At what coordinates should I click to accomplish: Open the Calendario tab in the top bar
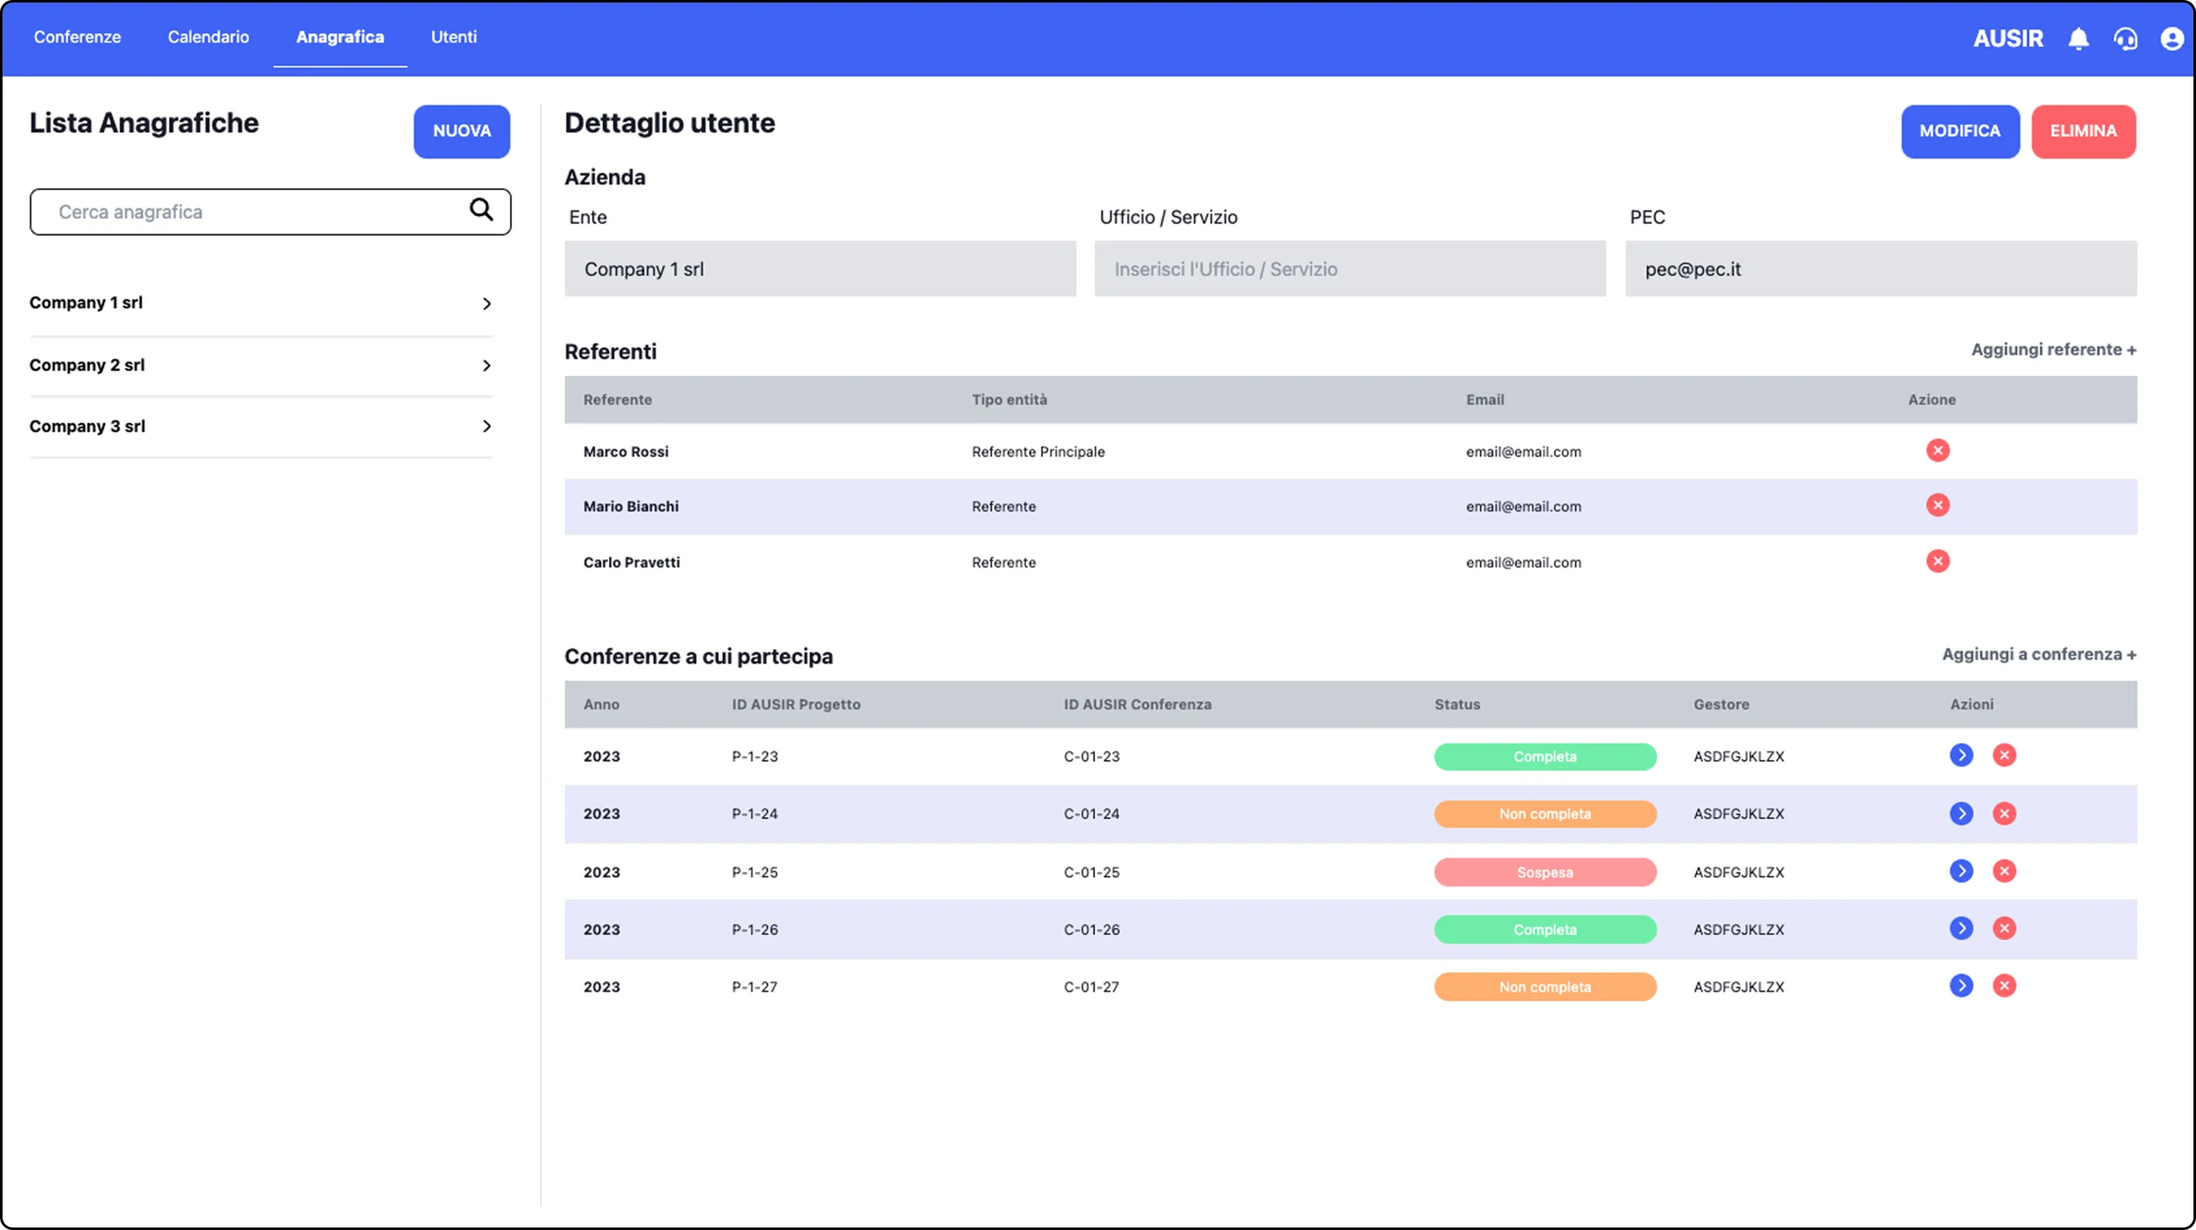tap(208, 36)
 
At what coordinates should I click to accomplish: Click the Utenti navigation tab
tap(454, 36)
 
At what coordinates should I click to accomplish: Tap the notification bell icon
tap(2079, 38)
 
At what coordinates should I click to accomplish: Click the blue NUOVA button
tap(462, 131)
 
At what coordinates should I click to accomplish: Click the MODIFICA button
tap(1960, 131)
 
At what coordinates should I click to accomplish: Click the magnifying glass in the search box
tap(481, 210)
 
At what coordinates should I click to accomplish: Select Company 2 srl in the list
tap(87, 365)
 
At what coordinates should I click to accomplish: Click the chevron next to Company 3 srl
tap(486, 427)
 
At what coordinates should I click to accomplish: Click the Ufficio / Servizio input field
tap(1350, 269)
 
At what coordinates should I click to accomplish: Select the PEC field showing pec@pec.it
tap(1881, 269)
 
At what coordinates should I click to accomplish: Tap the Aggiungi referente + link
tap(2053, 350)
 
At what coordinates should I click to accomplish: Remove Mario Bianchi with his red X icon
tap(1938, 505)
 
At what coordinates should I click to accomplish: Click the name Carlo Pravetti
tap(632, 563)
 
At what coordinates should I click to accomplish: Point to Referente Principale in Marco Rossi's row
tap(1037, 452)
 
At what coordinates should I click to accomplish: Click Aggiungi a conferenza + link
tap(2039, 655)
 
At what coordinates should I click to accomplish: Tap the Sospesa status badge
tap(1545, 872)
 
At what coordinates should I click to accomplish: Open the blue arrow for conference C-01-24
tap(1960, 814)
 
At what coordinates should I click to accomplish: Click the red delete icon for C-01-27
tap(2004, 986)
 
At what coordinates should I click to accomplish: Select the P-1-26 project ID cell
tap(754, 929)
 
